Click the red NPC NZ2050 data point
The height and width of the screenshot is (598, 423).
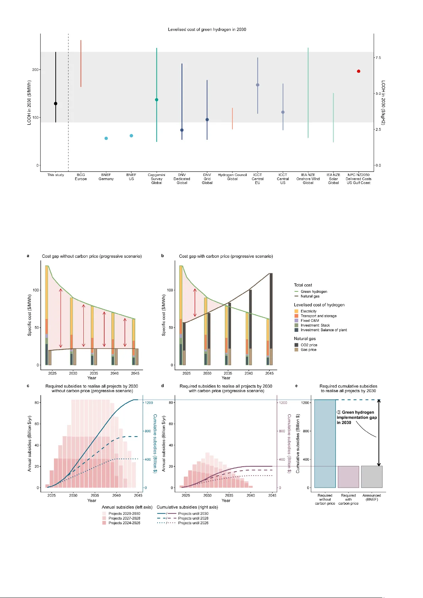358,71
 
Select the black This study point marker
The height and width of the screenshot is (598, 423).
56,104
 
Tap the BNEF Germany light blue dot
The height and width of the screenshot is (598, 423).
106,138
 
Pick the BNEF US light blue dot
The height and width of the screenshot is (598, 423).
131,136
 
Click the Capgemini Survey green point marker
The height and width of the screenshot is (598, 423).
156,100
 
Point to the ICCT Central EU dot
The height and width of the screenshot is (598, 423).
258,85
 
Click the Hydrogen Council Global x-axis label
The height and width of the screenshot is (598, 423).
232,177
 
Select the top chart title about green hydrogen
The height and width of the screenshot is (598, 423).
207,29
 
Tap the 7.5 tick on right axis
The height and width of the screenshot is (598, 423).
378,57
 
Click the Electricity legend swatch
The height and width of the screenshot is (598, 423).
296,311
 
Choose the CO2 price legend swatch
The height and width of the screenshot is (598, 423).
296,345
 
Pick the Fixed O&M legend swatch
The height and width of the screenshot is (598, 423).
296,320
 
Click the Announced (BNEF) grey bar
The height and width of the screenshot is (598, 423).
372,477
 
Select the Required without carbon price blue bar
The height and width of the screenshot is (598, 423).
325,444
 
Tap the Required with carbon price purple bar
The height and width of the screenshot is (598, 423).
348,477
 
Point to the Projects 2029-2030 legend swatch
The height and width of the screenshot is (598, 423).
104,514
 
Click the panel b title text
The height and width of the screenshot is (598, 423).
226,256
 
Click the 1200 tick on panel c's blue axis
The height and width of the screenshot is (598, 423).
149,403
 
